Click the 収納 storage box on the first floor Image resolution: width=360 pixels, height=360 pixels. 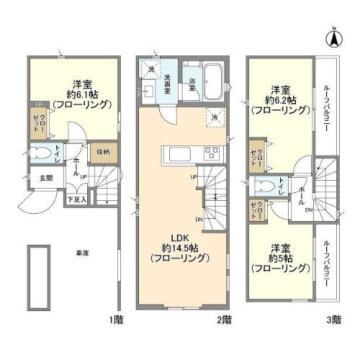click(102, 152)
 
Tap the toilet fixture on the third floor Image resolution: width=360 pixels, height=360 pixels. click(269, 184)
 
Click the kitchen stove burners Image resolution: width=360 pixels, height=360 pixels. click(212, 152)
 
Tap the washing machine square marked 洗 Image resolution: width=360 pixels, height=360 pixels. click(151, 68)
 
